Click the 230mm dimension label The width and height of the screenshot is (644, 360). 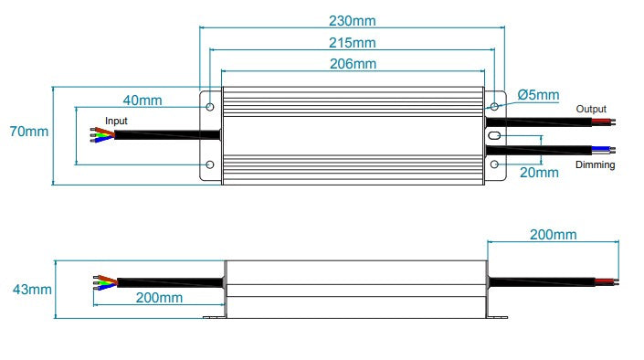[352, 21]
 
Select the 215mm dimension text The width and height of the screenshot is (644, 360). [352, 43]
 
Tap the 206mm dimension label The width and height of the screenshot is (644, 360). [352, 64]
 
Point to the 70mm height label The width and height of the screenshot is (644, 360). [28, 132]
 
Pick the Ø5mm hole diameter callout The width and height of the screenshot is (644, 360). [538, 95]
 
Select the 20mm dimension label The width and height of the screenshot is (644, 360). [538, 172]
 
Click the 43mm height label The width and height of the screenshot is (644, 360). [30, 290]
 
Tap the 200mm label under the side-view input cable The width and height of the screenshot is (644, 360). [159, 298]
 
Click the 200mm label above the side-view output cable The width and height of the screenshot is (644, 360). [553, 235]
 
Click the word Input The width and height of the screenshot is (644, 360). [117, 121]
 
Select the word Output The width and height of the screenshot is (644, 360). [590, 109]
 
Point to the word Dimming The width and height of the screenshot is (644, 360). [595, 165]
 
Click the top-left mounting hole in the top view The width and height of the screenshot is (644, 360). [211, 107]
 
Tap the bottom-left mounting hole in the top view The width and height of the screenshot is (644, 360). [211, 164]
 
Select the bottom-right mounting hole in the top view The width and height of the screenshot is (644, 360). [494, 164]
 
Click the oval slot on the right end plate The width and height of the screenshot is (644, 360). [494, 135]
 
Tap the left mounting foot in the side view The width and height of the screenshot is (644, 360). [215, 318]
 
